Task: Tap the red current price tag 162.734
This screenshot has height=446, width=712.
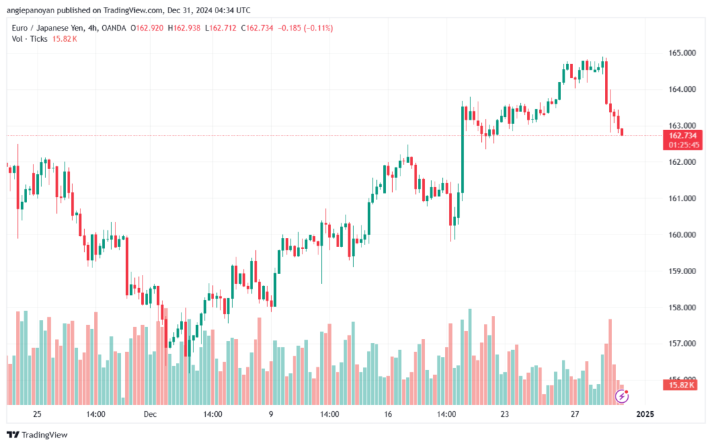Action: click(x=682, y=135)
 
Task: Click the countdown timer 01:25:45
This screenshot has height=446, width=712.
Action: click(x=682, y=145)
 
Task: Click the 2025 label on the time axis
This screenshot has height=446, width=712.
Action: click(x=645, y=414)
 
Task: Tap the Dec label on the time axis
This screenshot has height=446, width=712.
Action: click(x=151, y=414)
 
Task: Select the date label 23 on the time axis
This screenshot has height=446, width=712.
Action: click(x=505, y=414)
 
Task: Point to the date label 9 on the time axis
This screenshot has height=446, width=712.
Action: click(x=270, y=414)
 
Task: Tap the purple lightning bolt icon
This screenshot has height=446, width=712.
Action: click(x=622, y=397)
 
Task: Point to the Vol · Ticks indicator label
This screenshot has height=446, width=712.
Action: click(x=29, y=39)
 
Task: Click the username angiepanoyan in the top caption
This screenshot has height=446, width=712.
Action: click(x=35, y=10)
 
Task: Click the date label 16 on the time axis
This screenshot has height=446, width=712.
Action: click(x=388, y=414)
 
